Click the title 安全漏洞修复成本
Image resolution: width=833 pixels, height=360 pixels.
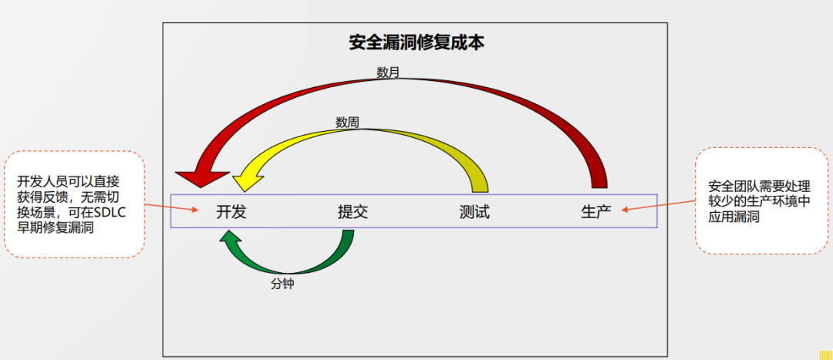pyautogui.click(x=416, y=42)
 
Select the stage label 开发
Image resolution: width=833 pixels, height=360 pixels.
pyautogui.click(x=231, y=212)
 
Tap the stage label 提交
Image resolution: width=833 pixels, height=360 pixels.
pyautogui.click(x=352, y=212)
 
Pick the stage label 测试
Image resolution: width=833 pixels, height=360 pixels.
pyautogui.click(x=474, y=212)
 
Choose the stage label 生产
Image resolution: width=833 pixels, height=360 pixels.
pyautogui.click(x=595, y=212)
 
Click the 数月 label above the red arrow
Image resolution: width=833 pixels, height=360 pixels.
pyautogui.click(x=388, y=73)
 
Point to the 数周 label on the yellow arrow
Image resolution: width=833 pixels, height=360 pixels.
pyautogui.click(x=347, y=122)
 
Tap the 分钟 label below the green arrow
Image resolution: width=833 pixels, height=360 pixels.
pyautogui.click(x=282, y=284)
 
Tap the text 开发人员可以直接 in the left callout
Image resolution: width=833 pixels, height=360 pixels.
pyautogui.click(x=68, y=182)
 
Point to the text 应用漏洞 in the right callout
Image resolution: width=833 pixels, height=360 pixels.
pyautogui.click(x=734, y=218)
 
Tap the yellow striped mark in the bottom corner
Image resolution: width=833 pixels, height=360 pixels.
pyautogui.click(x=826, y=355)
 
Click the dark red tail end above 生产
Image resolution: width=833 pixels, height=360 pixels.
pyautogui.click(x=599, y=181)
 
